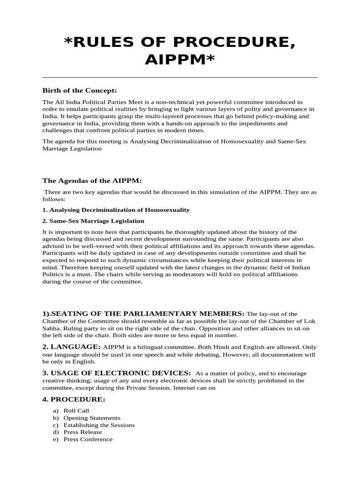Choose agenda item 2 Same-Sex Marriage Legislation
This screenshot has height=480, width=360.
[x=93, y=221]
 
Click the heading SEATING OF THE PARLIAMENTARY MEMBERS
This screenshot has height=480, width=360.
[x=143, y=313]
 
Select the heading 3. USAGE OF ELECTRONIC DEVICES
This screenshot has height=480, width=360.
[x=117, y=373]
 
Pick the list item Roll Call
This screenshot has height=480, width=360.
[x=76, y=411]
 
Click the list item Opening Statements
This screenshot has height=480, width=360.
[x=92, y=418]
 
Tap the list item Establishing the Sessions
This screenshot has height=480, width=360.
[x=99, y=425]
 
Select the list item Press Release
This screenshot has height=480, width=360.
[x=82, y=432]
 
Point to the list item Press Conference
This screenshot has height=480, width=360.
[x=88, y=439]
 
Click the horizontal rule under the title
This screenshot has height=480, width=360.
[x=180, y=77]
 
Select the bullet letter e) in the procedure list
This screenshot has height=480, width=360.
[x=56, y=439]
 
